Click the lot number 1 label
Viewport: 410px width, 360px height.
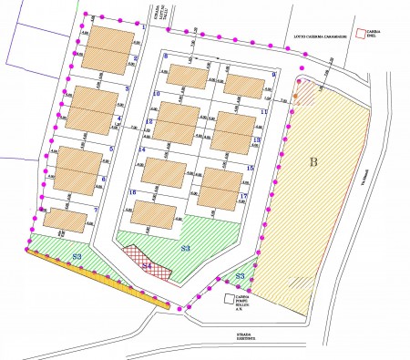144,27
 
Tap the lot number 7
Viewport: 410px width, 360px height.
96,211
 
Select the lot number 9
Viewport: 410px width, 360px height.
273,75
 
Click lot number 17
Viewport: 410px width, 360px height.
244,197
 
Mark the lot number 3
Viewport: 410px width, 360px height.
127,88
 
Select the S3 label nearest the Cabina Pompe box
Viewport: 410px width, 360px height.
241,274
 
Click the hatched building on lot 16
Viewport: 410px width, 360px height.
154,215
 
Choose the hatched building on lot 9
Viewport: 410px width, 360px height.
242,85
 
